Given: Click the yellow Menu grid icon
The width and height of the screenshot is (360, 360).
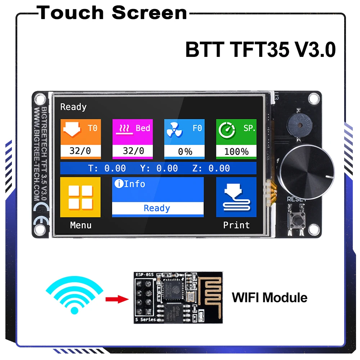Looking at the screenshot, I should pos(80,197).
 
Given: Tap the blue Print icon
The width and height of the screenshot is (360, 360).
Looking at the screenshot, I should pos(236,197).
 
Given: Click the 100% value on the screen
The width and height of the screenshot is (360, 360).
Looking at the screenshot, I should pos(236,151).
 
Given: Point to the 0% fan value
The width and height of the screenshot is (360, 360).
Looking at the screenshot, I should pos(185,152).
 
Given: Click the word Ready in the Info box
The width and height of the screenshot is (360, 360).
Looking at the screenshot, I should pos(157,208).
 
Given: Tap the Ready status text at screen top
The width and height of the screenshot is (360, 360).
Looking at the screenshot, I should pos(73,107).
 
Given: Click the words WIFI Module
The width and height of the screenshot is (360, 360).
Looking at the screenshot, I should pos(269,298).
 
